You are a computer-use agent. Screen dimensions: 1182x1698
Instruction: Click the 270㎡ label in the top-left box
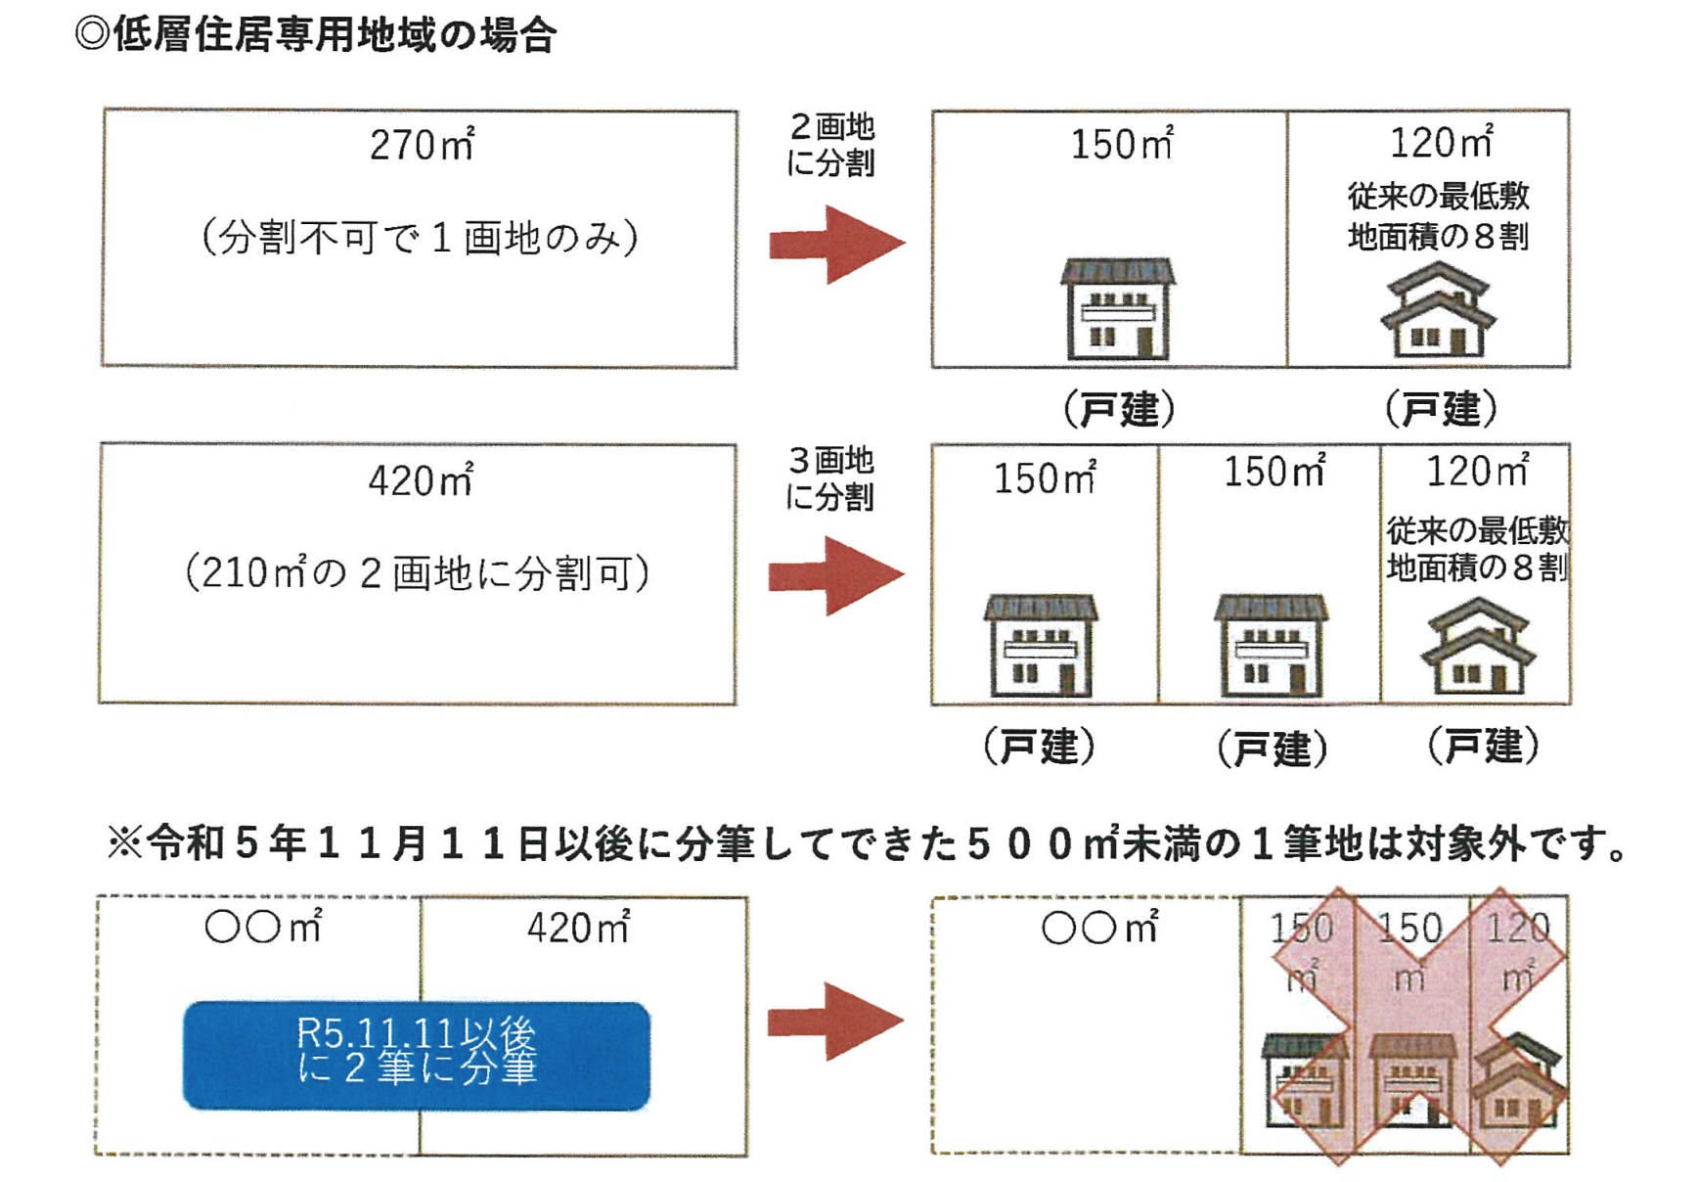pos(422,145)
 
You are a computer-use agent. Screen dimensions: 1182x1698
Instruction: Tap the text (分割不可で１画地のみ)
pos(421,238)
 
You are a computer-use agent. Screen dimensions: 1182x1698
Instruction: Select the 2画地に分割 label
pos(830,145)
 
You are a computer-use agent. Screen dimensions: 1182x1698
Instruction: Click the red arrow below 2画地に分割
pos(836,244)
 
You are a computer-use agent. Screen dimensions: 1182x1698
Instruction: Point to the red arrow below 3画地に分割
pos(836,575)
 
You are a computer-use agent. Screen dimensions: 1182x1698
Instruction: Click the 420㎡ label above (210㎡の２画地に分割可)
pos(421,480)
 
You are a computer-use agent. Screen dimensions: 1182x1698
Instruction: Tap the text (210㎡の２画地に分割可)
pos(418,573)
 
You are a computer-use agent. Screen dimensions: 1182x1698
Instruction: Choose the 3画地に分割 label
pos(830,478)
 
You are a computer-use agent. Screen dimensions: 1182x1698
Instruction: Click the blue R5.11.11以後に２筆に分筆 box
pos(417,1055)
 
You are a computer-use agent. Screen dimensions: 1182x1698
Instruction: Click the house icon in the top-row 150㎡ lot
pos(1118,308)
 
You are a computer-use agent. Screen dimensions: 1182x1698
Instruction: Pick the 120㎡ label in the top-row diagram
pos(1441,143)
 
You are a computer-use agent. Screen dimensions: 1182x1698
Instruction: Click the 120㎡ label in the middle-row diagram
pos(1476,472)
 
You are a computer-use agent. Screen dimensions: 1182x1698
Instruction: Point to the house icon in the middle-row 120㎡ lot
pos(1478,647)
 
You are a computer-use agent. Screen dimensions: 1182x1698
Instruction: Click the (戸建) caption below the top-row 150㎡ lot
pos(1119,409)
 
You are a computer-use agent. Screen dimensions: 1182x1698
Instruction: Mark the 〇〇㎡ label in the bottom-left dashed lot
pos(263,927)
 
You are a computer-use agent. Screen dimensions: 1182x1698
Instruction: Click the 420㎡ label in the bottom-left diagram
pos(578,928)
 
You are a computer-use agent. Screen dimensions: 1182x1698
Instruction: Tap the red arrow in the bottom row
pos(834,1022)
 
